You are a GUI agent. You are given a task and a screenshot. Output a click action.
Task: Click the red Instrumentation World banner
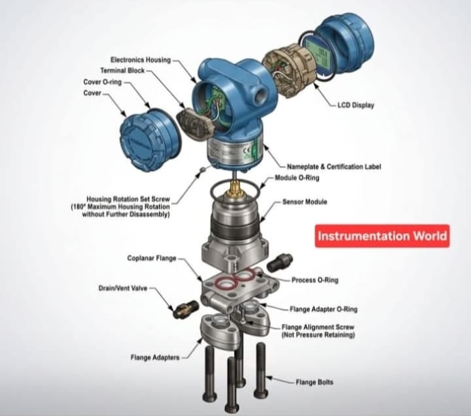(x=382, y=236)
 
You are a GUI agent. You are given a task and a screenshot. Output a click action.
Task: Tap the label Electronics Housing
(x=141, y=59)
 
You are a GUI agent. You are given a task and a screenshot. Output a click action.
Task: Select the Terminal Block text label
(x=122, y=71)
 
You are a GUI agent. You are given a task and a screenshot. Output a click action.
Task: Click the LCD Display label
(x=356, y=105)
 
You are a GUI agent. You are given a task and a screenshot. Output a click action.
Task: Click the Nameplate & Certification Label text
(x=334, y=167)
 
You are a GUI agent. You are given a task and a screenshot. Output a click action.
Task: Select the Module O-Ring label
(x=297, y=178)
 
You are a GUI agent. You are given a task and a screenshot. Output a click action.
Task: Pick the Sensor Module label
(x=305, y=202)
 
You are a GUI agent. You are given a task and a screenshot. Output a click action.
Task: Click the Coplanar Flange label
(x=152, y=258)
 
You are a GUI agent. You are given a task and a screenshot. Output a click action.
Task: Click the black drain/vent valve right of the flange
(x=280, y=262)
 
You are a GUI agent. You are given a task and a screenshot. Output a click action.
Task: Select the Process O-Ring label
(x=315, y=280)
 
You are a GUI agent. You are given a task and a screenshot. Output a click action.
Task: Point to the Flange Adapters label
(x=155, y=357)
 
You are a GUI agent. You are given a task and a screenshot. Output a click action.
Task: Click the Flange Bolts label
(x=315, y=382)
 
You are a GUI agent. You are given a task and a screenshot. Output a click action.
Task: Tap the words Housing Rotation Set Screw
(x=128, y=199)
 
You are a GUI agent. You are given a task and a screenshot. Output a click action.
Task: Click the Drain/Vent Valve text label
(x=123, y=288)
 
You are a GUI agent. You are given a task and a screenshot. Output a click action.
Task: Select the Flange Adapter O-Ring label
(x=324, y=310)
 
